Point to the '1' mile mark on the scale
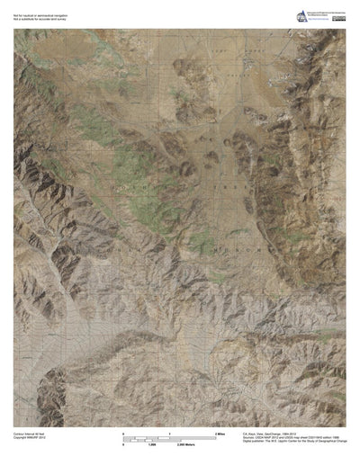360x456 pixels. tap(169, 434)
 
